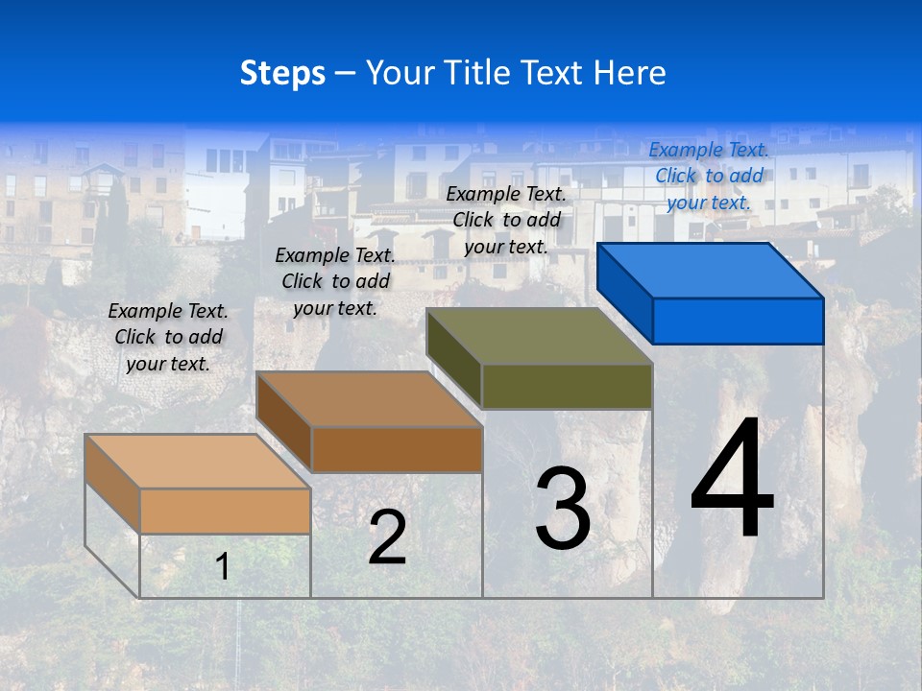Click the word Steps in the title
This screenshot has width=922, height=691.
coord(282,73)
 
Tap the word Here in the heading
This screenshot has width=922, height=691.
coord(630,73)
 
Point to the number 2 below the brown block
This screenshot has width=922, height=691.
coord(387,537)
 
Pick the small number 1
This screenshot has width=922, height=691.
coord(223,567)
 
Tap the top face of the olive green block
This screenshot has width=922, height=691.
coord(540,335)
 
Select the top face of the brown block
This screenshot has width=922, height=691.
coord(370,398)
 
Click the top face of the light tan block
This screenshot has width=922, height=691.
coord(198,461)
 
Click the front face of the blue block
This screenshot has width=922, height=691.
coord(738,321)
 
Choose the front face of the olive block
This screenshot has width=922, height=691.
coord(567,386)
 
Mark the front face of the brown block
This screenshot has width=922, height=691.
coord(397,449)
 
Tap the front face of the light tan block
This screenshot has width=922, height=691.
coord(225,511)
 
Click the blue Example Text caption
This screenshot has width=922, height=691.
coord(709,176)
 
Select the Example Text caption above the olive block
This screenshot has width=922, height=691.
coord(506,220)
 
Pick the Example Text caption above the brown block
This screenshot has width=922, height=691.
coord(335,281)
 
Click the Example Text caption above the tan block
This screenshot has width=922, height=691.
coord(168,337)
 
